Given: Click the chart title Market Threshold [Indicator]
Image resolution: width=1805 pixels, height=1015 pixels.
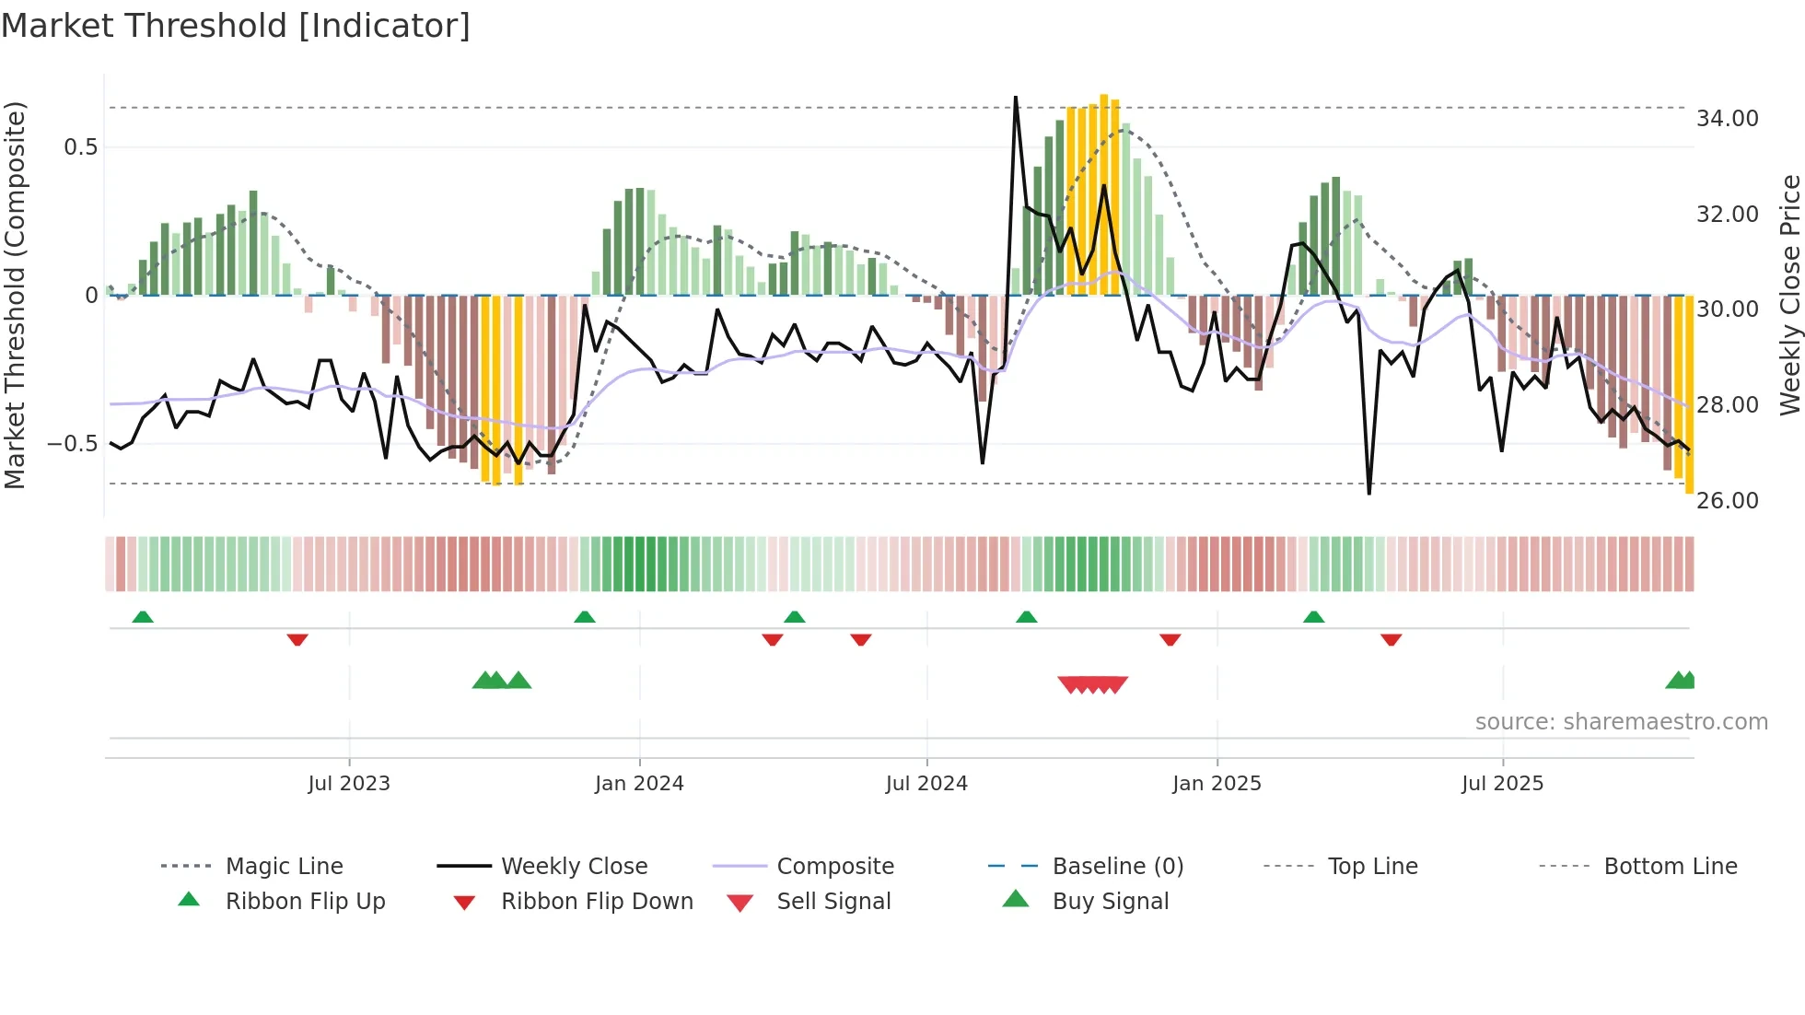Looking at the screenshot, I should click(x=236, y=26).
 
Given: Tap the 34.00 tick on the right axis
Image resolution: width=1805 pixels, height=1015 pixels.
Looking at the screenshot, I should click(x=1727, y=119).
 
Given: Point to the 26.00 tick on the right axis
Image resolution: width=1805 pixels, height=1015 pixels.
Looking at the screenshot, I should click(x=1727, y=501).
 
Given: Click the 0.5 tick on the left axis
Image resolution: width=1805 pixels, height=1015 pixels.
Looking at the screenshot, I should click(x=80, y=147).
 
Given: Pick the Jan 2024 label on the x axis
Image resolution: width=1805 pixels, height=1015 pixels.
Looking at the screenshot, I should click(x=639, y=784).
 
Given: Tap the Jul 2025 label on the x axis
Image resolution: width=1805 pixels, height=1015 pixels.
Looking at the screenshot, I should click(x=1502, y=784).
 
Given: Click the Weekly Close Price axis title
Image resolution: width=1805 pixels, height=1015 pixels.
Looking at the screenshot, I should click(x=1789, y=295).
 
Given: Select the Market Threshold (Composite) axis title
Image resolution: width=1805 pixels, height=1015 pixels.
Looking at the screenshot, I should click(x=15, y=295).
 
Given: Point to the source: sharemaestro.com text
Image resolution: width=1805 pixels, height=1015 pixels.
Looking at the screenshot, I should click(x=1621, y=722).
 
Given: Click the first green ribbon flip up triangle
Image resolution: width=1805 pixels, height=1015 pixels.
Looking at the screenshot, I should click(x=143, y=617).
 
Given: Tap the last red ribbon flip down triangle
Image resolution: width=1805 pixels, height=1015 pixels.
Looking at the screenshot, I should click(x=1391, y=639).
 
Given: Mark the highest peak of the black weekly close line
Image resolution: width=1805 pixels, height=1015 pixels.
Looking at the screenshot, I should click(x=1016, y=98).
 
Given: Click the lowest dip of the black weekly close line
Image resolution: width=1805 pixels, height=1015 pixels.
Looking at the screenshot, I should click(x=1369, y=494).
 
